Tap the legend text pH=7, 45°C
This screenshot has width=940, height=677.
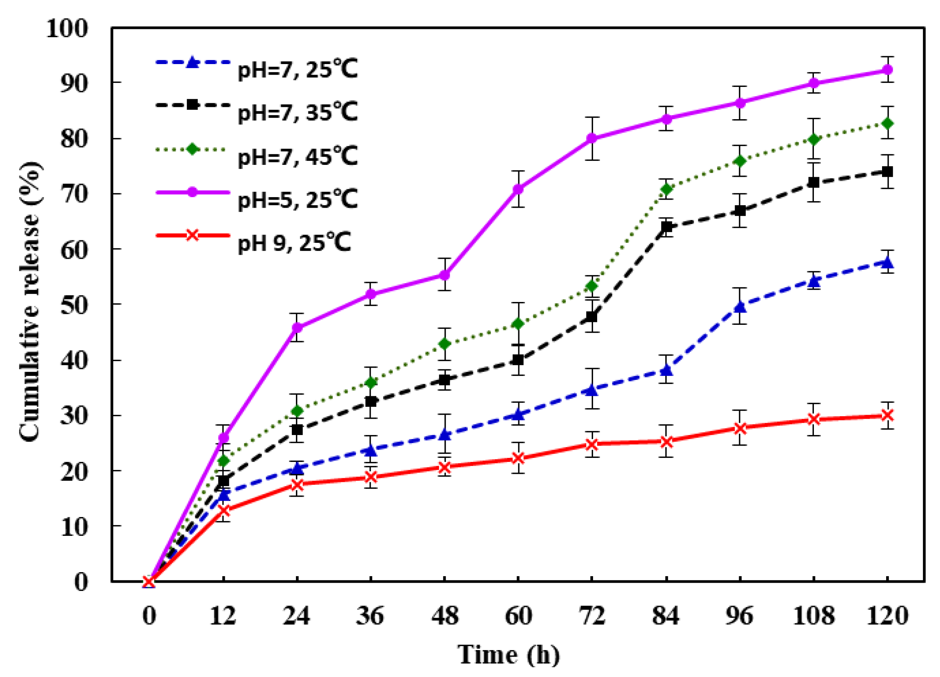297,157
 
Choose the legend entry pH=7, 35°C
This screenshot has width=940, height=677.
297,112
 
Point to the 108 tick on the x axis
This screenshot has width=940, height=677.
813,617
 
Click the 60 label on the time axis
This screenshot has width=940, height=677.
518,617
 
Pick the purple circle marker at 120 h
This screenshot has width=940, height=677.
887,70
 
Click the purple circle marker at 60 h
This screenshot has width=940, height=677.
518,189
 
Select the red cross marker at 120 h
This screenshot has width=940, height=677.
887,415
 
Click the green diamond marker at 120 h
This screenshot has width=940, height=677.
887,123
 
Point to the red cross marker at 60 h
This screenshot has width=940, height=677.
518,458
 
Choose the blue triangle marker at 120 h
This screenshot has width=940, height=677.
887,262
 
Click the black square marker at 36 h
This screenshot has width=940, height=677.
371,402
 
